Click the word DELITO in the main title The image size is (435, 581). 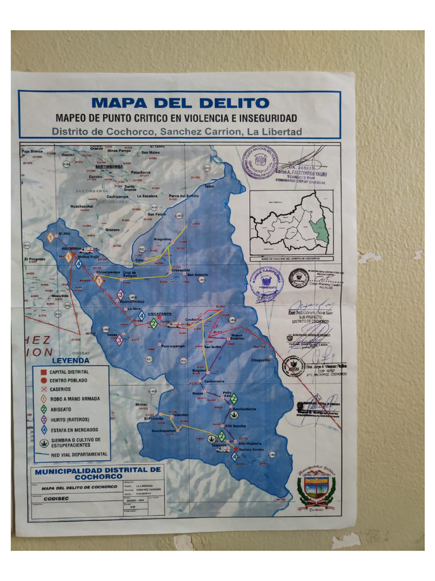(232, 103)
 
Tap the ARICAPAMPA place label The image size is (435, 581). (159, 313)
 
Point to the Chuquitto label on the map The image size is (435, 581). (261, 360)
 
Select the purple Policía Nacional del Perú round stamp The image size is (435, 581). (260, 162)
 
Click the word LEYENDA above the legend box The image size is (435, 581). (70, 360)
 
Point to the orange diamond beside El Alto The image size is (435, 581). (51, 237)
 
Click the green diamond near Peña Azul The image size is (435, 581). (233, 398)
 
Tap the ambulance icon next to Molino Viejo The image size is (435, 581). (90, 250)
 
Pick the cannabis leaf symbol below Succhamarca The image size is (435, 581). (233, 415)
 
